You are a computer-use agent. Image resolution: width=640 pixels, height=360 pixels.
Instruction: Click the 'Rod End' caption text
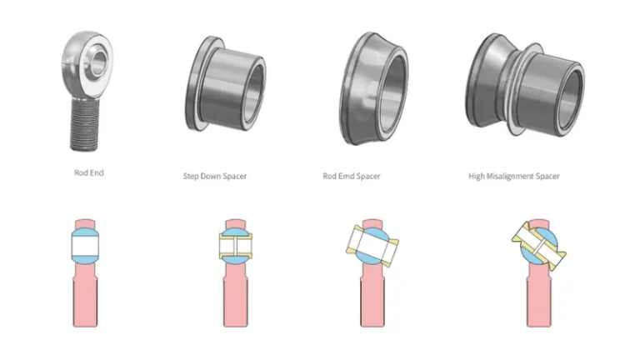point(88,173)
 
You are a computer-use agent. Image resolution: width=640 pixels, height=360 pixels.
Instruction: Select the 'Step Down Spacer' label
point(215,176)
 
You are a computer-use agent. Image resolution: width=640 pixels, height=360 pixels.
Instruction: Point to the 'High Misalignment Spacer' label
point(514,176)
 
